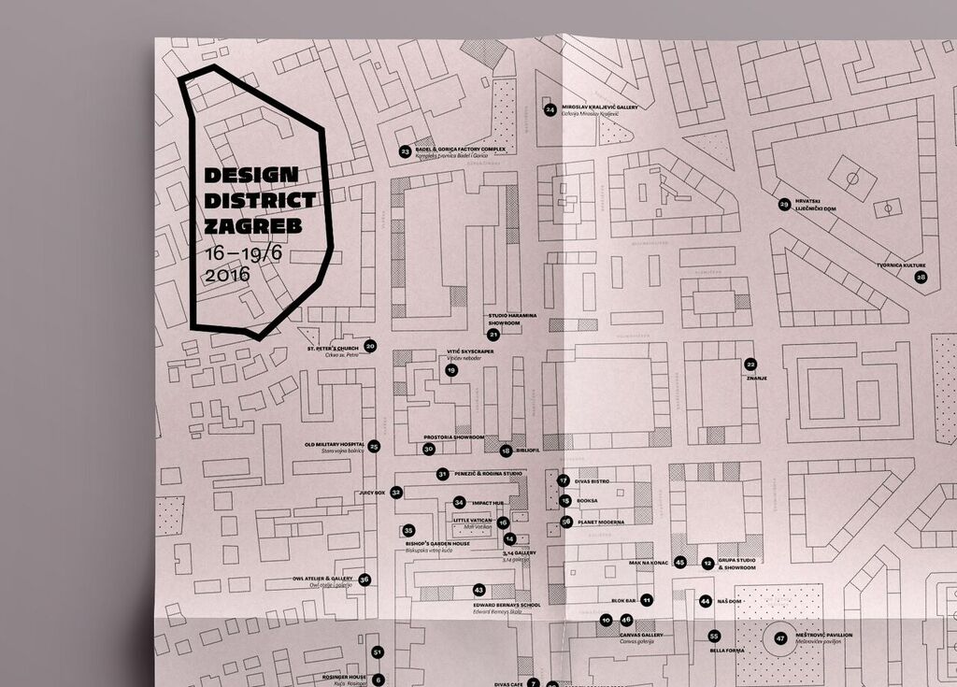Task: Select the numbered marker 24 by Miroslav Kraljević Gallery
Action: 550,109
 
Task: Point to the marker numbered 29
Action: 784,204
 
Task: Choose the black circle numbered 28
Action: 921,278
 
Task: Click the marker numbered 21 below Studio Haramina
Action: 493,334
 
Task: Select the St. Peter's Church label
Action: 332,348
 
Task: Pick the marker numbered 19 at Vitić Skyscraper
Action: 451,370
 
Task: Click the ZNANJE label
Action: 756,379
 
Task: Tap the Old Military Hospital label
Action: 334,445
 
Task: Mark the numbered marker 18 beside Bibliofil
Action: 506,451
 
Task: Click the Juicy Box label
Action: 371,492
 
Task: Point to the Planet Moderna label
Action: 600,522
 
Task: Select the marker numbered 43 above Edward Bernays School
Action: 479,590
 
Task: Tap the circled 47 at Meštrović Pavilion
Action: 780,638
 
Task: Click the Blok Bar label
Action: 623,600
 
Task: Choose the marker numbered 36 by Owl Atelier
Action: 364,580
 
